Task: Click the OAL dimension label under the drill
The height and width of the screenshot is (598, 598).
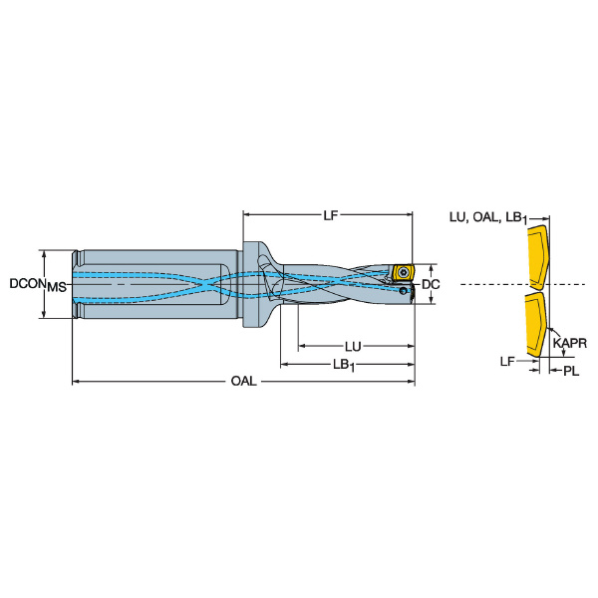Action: tap(244, 381)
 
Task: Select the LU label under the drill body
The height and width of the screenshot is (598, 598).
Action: tap(353, 347)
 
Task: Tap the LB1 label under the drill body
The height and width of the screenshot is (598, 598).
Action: tap(344, 365)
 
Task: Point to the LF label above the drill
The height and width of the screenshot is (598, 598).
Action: tap(331, 215)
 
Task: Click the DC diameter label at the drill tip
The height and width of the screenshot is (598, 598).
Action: tap(431, 284)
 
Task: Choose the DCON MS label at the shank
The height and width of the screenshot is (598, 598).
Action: tap(38, 284)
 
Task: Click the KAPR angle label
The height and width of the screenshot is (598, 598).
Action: tap(570, 343)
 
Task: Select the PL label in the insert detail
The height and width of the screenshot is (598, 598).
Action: tap(571, 371)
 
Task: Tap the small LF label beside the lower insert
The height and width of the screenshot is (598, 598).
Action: tap(507, 361)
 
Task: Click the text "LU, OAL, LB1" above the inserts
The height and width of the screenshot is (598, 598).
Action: tap(488, 217)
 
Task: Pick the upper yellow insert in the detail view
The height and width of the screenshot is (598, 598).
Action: tap(538, 257)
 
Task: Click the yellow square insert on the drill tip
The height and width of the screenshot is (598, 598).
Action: tap(403, 272)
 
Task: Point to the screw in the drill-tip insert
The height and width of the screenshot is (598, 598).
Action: tap(404, 272)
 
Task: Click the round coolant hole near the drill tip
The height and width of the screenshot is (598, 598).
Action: tap(403, 291)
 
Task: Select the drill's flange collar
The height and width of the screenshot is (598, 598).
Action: tap(252, 284)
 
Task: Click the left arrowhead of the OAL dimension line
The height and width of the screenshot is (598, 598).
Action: tap(76, 381)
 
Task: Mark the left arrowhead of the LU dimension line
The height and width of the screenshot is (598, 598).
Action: tap(302, 346)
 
